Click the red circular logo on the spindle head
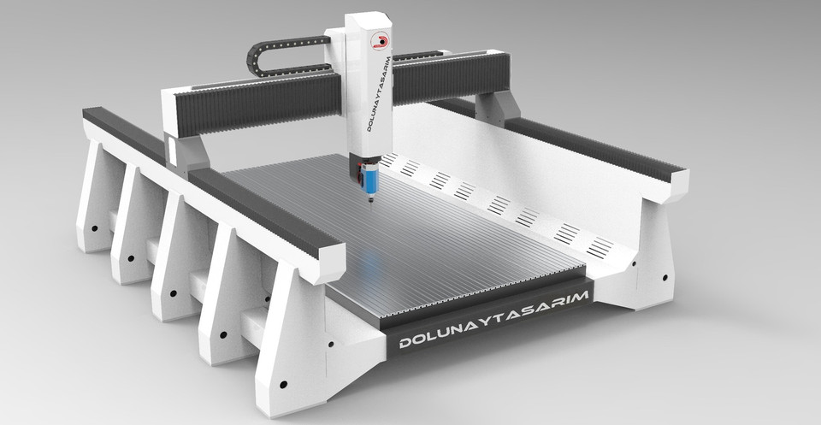378,38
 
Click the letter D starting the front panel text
405,344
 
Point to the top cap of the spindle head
368,18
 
